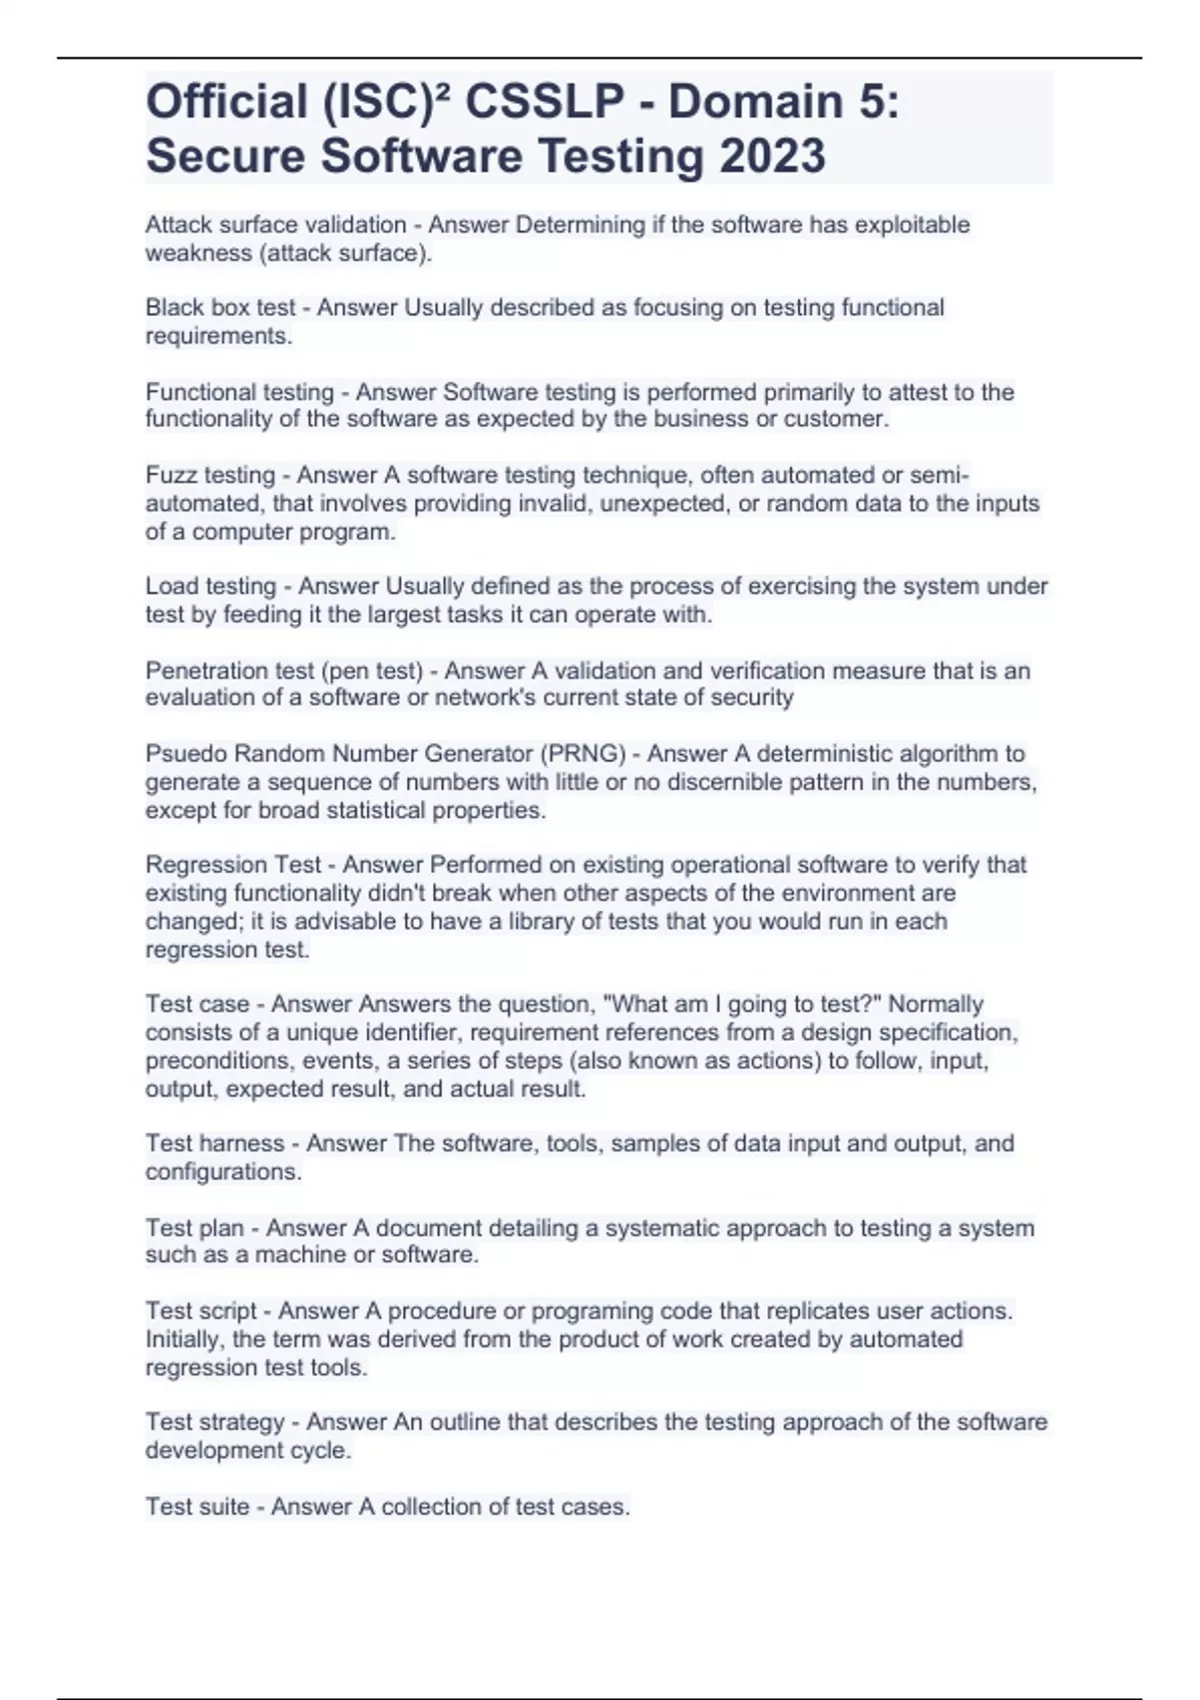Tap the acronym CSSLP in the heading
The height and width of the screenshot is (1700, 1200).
(545, 102)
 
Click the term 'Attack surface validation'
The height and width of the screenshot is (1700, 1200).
(275, 225)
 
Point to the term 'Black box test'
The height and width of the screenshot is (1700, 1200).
(220, 308)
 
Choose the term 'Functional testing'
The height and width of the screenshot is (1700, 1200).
(239, 392)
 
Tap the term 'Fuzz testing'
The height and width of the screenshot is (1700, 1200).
(210, 475)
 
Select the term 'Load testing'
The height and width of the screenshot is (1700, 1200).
(210, 586)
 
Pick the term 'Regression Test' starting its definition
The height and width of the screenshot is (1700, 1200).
(233, 865)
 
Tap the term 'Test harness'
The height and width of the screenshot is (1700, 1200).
(214, 1143)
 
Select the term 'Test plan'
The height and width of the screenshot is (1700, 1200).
(194, 1228)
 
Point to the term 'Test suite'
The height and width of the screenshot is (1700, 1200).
(197, 1507)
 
